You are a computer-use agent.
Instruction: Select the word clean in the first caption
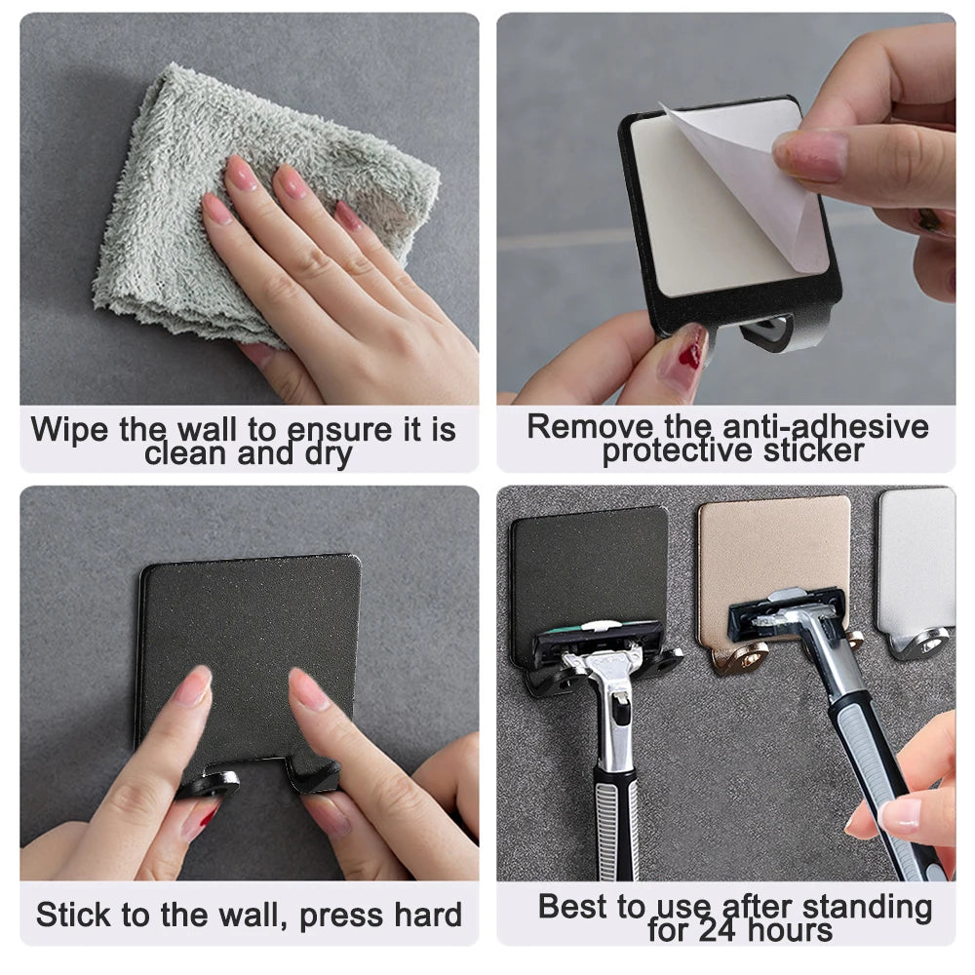coord(189,453)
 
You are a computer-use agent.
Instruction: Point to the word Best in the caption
coord(575,906)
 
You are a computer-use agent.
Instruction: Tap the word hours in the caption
coord(789,930)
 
